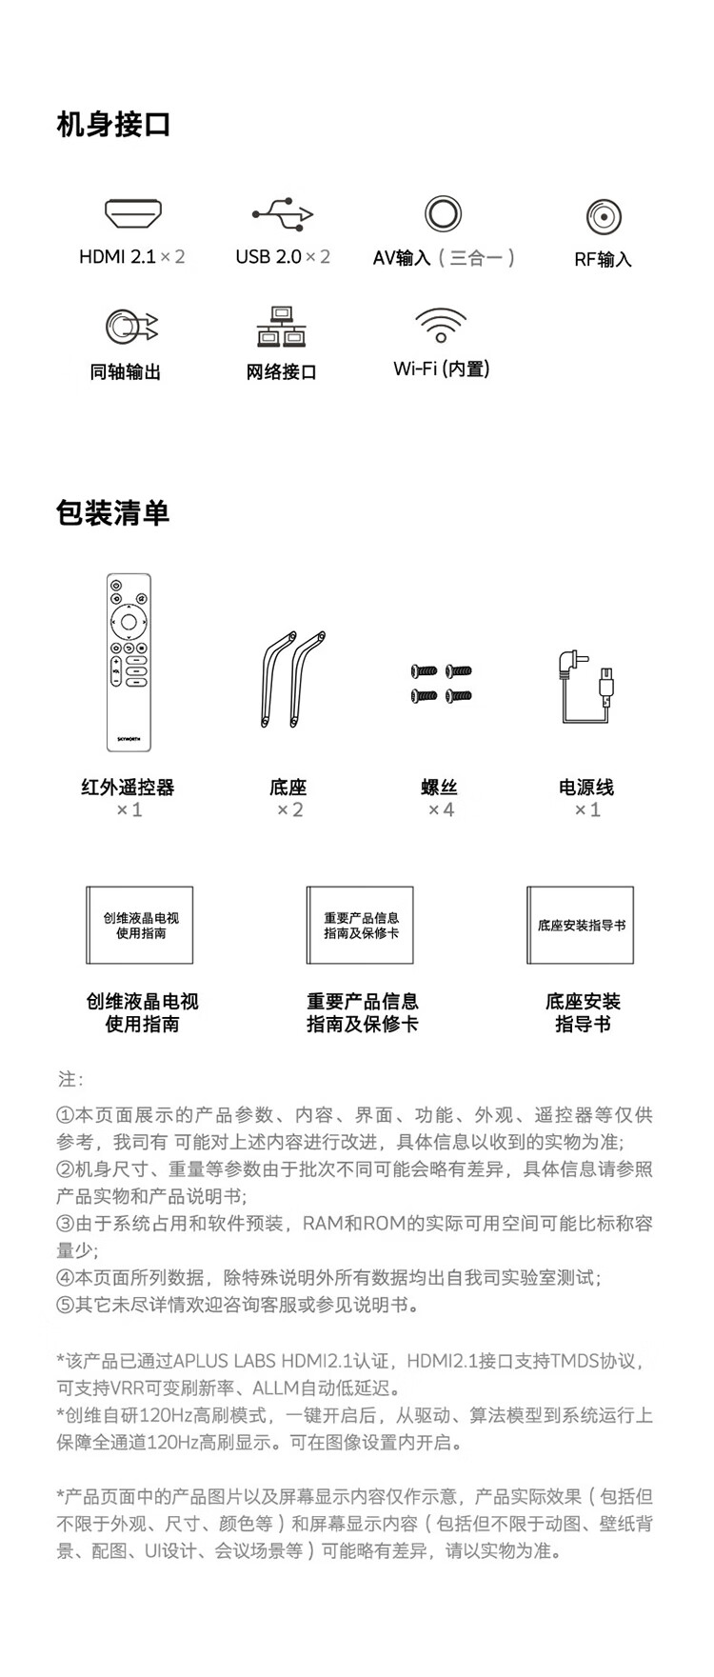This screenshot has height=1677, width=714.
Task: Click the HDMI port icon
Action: click(x=133, y=214)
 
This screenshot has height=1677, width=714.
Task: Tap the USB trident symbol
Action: click(x=283, y=214)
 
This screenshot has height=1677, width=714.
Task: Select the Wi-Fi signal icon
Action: click(x=441, y=324)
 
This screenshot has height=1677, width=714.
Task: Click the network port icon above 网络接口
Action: click(x=281, y=327)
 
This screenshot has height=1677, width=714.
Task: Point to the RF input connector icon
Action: click(x=604, y=217)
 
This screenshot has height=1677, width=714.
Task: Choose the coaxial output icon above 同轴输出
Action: click(x=130, y=327)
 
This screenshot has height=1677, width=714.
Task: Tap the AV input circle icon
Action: click(x=443, y=213)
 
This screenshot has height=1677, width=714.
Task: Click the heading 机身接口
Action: click(x=113, y=125)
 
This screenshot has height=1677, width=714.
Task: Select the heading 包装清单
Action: click(x=112, y=512)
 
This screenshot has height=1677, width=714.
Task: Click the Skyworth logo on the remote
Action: click(x=129, y=736)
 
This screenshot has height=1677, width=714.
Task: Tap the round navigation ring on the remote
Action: click(x=129, y=623)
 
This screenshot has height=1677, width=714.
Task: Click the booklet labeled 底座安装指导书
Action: click(x=581, y=926)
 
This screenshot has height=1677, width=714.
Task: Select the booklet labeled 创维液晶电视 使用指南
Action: click(x=140, y=926)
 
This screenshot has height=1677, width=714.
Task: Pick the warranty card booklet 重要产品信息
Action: click(x=361, y=926)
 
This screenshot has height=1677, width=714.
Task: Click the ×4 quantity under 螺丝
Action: click(x=441, y=810)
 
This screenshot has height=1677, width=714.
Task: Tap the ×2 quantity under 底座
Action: click(x=289, y=810)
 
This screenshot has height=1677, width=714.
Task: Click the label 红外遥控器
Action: click(x=129, y=788)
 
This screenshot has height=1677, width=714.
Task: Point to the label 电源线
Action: click(x=586, y=788)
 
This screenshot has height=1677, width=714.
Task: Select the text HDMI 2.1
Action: click(x=117, y=257)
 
